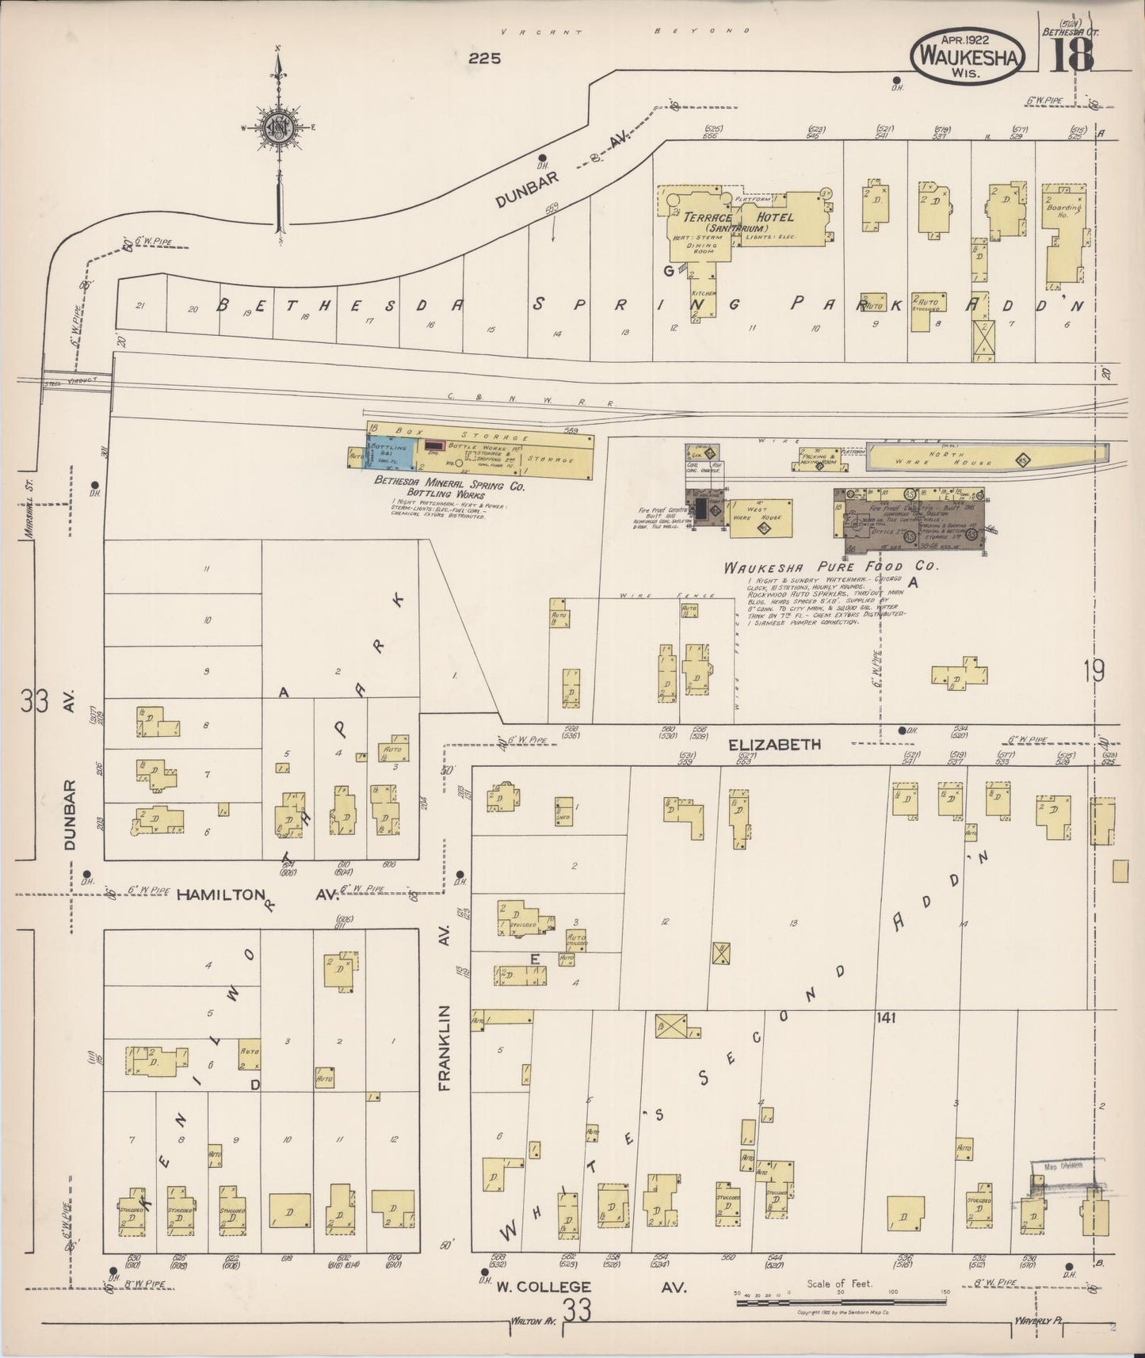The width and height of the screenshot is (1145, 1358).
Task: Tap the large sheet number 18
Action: point(1071,55)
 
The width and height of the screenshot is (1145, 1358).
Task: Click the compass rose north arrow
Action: point(279,127)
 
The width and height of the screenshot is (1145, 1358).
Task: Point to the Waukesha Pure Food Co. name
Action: point(830,567)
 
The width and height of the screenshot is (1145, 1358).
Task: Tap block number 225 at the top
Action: point(483,58)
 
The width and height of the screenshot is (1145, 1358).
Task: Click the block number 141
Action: point(885,1018)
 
